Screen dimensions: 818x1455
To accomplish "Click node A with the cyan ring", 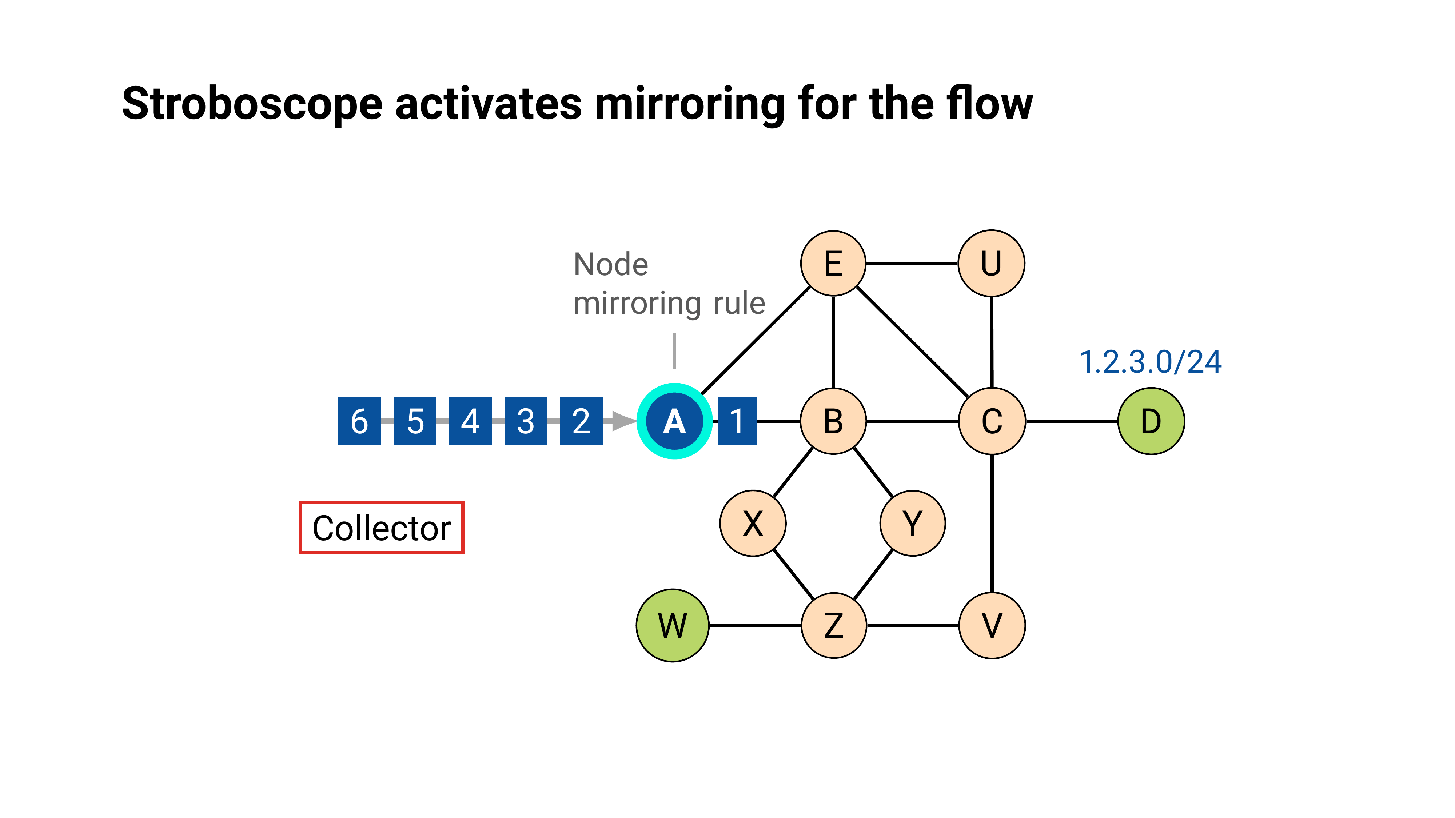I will (x=674, y=421).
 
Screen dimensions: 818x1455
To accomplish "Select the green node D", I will (x=1151, y=421).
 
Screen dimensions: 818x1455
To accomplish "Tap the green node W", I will (x=672, y=625).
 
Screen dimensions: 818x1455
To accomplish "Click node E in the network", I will (x=833, y=263).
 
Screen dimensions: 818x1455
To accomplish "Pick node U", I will (x=991, y=263).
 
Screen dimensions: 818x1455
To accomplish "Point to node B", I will (x=833, y=421).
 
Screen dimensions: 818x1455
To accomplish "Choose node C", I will (x=992, y=421).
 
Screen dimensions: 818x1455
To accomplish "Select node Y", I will (x=912, y=523).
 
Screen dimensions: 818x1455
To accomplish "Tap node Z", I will (x=834, y=625).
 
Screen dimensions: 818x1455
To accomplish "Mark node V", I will (x=992, y=625).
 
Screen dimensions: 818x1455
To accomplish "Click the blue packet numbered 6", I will (x=359, y=421).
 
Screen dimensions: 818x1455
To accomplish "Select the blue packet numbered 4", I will (x=470, y=421).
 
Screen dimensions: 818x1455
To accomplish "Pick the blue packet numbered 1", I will (x=737, y=421).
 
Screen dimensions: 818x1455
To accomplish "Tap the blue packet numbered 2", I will (x=581, y=421).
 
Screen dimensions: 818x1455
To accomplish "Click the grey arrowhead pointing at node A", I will (x=623, y=421).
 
